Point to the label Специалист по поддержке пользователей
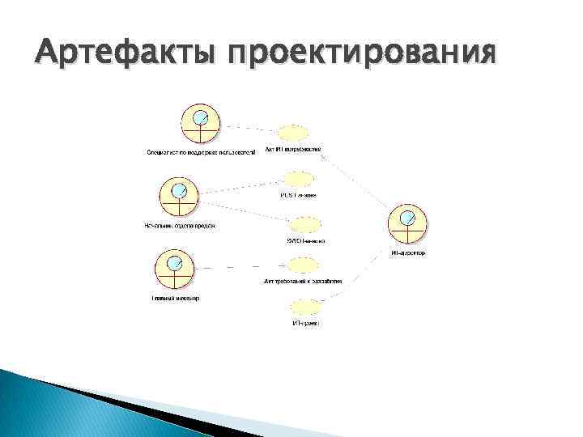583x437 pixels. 201,151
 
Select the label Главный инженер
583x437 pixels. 175,298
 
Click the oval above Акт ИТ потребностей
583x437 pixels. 292,134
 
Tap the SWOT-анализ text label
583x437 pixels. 305,240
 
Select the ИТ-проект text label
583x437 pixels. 305,323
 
